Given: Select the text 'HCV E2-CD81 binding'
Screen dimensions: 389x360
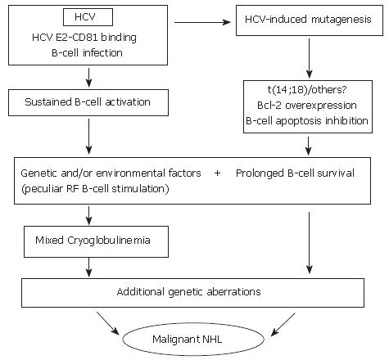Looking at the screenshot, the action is [x=84, y=38].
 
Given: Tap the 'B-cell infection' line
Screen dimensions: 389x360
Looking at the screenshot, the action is [x=87, y=52].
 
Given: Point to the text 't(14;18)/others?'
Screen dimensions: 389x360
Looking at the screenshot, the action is [x=307, y=89].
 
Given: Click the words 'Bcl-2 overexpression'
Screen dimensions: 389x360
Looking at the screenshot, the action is [x=307, y=106].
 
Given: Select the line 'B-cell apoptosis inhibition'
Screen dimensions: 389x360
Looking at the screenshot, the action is [x=307, y=121].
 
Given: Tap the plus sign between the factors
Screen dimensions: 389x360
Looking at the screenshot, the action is [x=218, y=173].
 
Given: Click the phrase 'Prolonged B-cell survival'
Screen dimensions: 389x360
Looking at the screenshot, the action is [x=295, y=173].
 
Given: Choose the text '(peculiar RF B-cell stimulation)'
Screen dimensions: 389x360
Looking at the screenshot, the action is [x=95, y=189].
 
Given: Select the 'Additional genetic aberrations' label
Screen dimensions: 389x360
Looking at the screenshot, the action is [x=188, y=292].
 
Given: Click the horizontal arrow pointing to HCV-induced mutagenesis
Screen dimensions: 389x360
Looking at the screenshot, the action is [x=202, y=22].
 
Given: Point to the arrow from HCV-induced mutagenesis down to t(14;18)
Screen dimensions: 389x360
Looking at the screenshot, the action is [x=309, y=58].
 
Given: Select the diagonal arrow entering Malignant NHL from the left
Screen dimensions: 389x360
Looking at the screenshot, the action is [x=108, y=323].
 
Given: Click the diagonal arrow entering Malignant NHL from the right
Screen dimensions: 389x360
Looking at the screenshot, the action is [x=283, y=325].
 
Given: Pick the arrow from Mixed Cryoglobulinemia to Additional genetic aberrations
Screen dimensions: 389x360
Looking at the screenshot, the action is [x=88, y=268].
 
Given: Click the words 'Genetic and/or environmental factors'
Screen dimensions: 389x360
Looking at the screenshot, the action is [x=111, y=173].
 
